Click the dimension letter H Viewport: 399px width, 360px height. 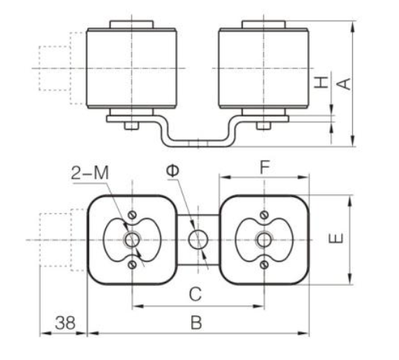point(321,82)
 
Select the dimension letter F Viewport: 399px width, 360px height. point(264,167)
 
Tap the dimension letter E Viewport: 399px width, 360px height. point(336,239)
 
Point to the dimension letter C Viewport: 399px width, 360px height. point(196,294)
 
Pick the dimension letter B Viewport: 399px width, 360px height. point(197,322)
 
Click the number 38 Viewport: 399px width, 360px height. point(65,323)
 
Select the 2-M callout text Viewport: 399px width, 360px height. point(90,173)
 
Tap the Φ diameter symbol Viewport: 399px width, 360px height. point(172,170)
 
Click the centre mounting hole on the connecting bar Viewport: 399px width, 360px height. point(198,239)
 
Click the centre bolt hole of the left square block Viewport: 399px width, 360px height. point(132,239)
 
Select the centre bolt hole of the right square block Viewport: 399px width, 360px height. point(264,239)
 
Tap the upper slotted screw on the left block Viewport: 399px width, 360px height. point(132,215)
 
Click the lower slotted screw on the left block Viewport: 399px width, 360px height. point(132,264)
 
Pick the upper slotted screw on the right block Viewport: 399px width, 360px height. point(264,215)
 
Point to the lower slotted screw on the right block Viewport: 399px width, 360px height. point(264,264)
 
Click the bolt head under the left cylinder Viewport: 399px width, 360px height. point(131,126)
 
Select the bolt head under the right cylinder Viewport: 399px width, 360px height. point(263,126)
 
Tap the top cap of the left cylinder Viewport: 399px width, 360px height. point(131,24)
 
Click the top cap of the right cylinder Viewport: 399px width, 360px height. point(263,24)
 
